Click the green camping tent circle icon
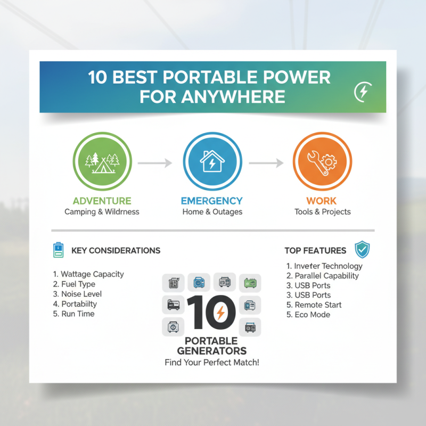(x=102, y=162)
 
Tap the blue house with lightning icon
(x=211, y=162)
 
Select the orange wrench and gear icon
(x=322, y=162)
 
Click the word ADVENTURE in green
(x=102, y=201)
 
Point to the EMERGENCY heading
(x=211, y=201)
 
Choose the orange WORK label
(x=321, y=201)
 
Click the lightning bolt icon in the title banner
(x=363, y=92)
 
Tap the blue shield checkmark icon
(x=362, y=249)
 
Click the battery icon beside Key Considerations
(x=58, y=250)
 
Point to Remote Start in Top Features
(x=314, y=305)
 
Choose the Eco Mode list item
(x=308, y=315)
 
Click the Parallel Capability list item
(x=323, y=276)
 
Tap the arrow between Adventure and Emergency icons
(x=157, y=163)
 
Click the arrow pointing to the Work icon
(x=266, y=163)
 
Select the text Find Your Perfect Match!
(x=212, y=363)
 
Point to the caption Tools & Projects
(x=323, y=212)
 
